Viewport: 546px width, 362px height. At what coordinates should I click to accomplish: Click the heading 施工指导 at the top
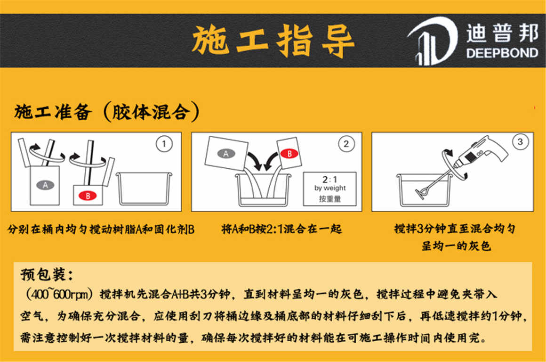(x=273, y=41)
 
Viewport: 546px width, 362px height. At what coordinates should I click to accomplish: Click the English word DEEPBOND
(x=502, y=53)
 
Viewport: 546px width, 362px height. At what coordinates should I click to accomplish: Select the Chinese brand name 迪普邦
(x=502, y=33)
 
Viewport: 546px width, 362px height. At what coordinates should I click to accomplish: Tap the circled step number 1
(x=163, y=144)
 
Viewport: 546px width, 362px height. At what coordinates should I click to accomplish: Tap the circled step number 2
(x=346, y=144)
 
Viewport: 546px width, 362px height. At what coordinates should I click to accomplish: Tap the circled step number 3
(x=520, y=142)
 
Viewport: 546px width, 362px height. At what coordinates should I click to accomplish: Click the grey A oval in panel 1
(x=45, y=185)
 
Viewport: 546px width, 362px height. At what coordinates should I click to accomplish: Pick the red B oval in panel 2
(x=289, y=153)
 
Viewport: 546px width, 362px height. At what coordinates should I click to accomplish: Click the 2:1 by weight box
(x=329, y=189)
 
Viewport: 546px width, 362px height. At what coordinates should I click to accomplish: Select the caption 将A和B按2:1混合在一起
(x=281, y=230)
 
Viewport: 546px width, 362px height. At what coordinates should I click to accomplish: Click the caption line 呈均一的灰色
(x=456, y=246)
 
